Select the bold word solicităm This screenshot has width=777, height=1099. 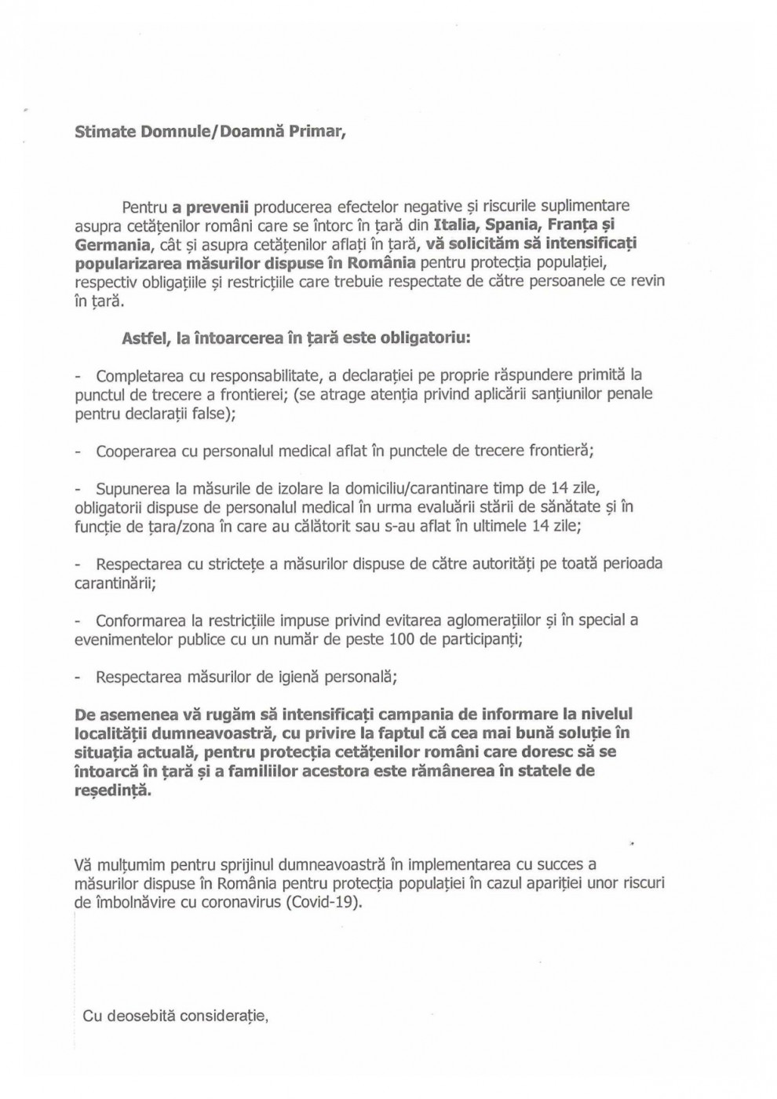pyautogui.click(x=487, y=244)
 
